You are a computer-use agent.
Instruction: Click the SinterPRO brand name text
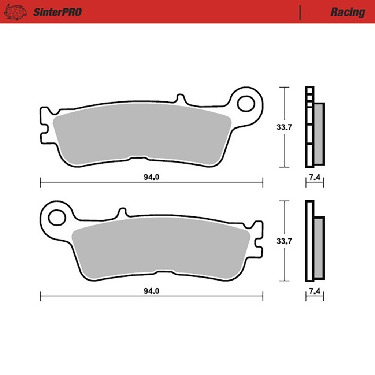click(x=57, y=12)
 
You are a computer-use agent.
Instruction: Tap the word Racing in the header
click(x=348, y=12)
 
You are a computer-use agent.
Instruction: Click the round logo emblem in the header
click(x=15, y=12)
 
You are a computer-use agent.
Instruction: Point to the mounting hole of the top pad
click(x=246, y=104)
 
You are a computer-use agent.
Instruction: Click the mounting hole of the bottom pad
click(x=57, y=218)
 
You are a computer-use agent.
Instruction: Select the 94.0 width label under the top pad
click(x=151, y=177)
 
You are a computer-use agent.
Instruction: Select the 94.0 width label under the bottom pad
click(x=151, y=291)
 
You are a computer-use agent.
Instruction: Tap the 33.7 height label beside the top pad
click(x=284, y=127)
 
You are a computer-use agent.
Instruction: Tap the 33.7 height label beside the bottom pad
click(x=284, y=241)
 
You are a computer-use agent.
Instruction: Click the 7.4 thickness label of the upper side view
click(x=315, y=177)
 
